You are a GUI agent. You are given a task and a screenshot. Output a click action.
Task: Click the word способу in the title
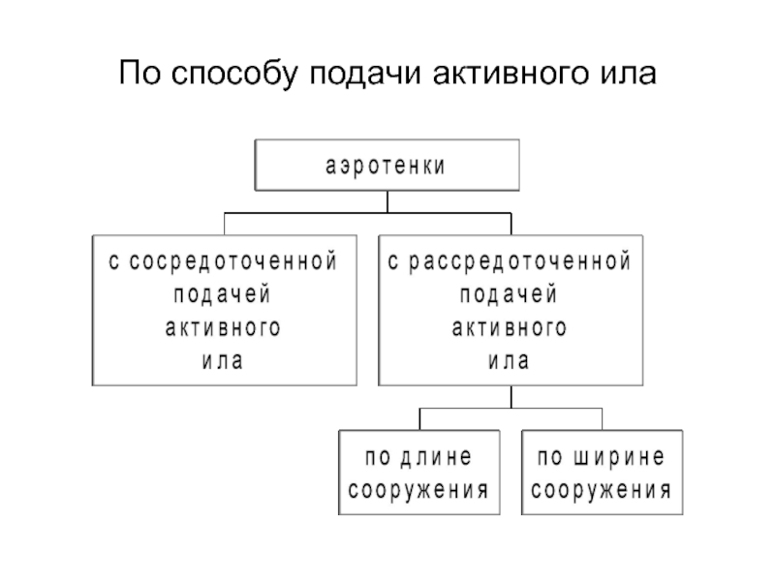(234, 75)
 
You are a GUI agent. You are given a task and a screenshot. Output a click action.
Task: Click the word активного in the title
(511, 74)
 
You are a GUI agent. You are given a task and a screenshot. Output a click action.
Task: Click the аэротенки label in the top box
(386, 166)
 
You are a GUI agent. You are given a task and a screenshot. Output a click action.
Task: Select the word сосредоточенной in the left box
(233, 261)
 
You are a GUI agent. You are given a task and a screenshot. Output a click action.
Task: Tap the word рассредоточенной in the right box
(520, 261)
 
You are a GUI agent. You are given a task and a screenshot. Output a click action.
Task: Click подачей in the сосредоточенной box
(222, 295)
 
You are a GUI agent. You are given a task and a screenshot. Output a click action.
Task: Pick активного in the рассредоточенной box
(510, 328)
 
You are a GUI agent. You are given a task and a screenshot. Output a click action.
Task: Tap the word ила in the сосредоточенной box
(223, 361)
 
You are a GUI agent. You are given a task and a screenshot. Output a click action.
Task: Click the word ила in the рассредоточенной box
(510, 361)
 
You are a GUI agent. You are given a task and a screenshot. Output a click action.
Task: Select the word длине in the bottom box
(436, 457)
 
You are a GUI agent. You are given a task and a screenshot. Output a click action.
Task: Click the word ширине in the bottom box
(619, 457)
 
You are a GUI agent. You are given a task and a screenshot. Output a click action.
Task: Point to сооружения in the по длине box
(418, 491)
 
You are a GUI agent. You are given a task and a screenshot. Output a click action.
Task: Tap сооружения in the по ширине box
(602, 491)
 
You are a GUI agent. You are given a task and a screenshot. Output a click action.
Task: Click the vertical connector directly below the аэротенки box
(387, 202)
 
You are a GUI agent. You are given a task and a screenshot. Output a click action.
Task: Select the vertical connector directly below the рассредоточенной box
(511, 397)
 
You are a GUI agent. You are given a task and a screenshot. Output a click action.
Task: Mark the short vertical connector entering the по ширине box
(602, 419)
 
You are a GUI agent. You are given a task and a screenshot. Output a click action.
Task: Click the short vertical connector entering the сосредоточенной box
(225, 225)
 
